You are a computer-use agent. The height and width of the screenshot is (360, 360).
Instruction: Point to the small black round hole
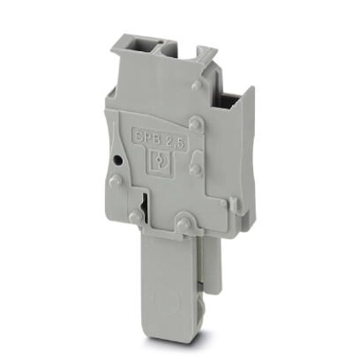click(117, 160)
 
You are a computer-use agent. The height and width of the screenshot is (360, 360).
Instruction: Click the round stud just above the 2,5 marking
click(195, 122)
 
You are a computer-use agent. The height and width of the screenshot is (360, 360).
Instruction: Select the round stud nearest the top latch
click(197, 86)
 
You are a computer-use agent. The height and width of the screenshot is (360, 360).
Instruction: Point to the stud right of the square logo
click(195, 170)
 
